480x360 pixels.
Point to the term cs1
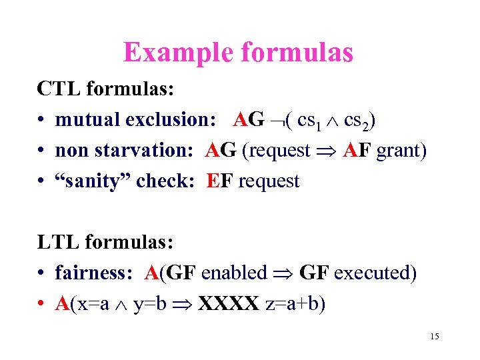pyautogui.click(x=309, y=121)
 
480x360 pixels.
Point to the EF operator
pyautogui.click(x=220, y=181)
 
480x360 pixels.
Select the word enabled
pyautogui.click(x=233, y=273)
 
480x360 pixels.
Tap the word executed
pyautogui.click(x=375, y=273)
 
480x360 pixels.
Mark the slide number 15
pyautogui.click(x=435, y=337)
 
